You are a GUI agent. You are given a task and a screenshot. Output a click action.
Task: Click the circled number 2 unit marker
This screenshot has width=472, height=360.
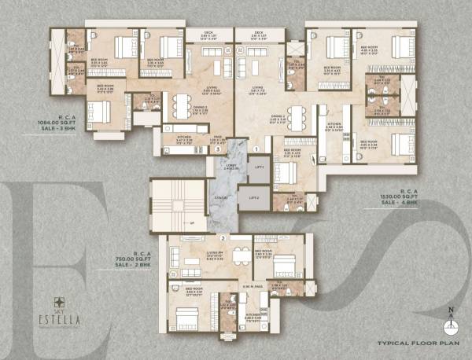[223, 237]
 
